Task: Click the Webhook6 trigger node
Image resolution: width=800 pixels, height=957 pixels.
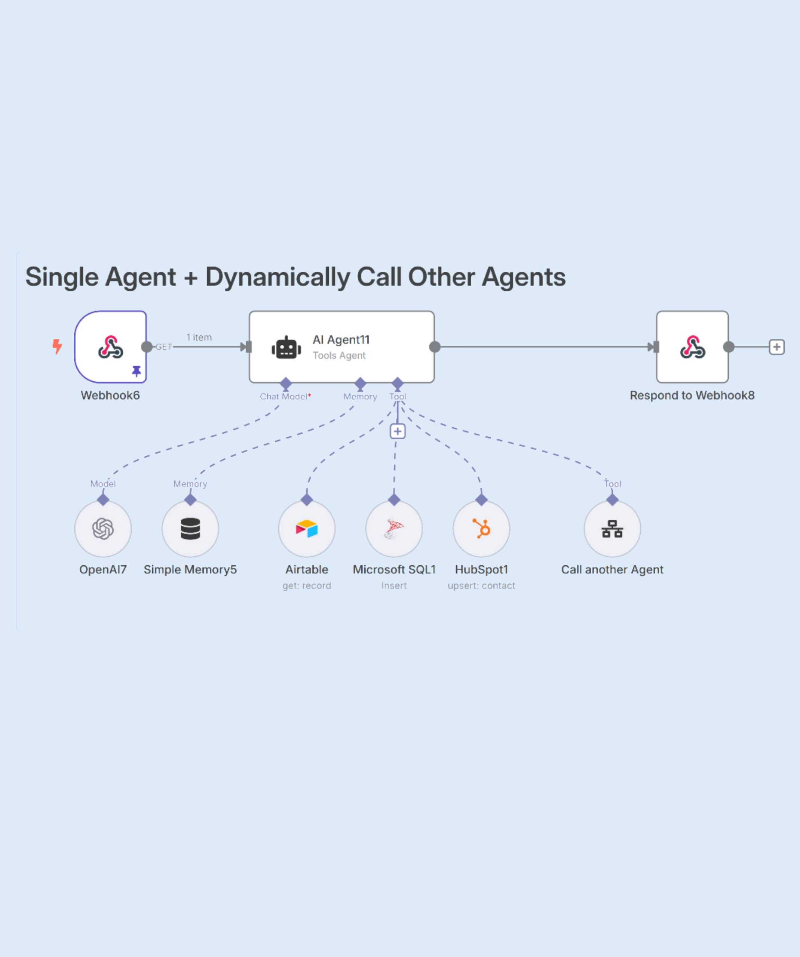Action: coord(110,347)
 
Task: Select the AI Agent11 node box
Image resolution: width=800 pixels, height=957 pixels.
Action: coord(341,347)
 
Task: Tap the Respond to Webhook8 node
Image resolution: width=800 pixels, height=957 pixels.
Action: coord(692,347)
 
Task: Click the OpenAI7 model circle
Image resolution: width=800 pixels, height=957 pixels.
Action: coord(103,529)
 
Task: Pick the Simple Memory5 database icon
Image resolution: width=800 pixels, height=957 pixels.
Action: coord(190,529)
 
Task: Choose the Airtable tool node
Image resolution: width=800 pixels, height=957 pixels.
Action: coord(307,529)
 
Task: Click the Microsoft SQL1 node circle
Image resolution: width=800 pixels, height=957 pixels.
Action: coord(394,529)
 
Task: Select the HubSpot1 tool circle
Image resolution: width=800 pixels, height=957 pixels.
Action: coord(481,529)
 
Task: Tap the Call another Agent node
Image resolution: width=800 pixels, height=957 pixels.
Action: coord(612,529)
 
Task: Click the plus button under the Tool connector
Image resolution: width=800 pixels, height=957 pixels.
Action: coord(398,431)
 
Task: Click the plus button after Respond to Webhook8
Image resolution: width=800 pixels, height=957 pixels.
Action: coord(776,347)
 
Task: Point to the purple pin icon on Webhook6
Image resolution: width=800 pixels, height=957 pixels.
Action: coord(136,371)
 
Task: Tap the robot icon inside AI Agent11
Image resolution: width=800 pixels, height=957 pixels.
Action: coord(286,348)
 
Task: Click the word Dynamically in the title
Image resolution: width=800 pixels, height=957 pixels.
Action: coord(278,277)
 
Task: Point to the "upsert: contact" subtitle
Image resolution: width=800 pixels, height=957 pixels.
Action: coord(481,585)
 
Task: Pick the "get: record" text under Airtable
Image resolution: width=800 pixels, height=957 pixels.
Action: coord(307,585)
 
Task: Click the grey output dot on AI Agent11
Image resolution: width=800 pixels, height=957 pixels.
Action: coord(435,347)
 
